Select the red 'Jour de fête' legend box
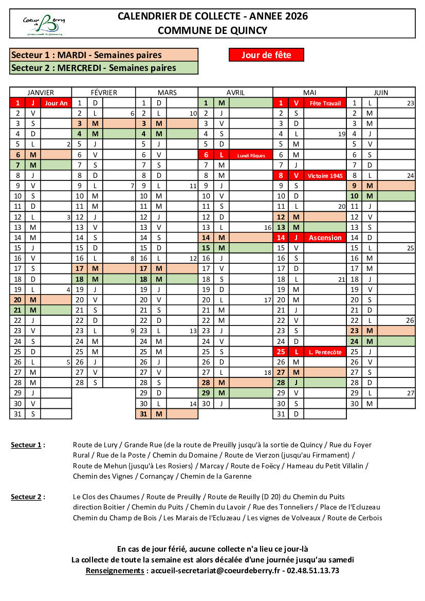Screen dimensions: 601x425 pyautogui.click(x=266, y=55)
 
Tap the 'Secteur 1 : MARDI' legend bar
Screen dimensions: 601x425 pyautogui.click(x=103, y=55)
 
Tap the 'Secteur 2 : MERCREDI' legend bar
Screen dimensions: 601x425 pyautogui.click(x=103, y=68)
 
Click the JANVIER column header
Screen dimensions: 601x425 pyautogui.click(x=41, y=93)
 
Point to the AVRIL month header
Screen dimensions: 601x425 pyautogui.click(x=235, y=93)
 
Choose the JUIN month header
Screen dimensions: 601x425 pyautogui.click(x=380, y=93)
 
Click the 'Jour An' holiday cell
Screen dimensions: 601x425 pyautogui.click(x=56, y=103)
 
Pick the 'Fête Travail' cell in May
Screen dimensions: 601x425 pyautogui.click(x=325, y=103)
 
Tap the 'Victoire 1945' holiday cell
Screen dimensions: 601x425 pyautogui.click(x=325, y=175)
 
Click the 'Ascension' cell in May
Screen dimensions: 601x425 pyautogui.click(x=325, y=238)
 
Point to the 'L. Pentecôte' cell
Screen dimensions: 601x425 pyautogui.click(x=325, y=352)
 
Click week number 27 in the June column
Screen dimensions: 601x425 pyautogui.click(x=410, y=393)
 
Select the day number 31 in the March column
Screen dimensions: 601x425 pyautogui.click(x=143, y=414)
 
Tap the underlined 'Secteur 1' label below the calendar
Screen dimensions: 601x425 pyautogui.click(x=26, y=445)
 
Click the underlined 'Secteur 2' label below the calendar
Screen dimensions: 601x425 pyautogui.click(x=26, y=497)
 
